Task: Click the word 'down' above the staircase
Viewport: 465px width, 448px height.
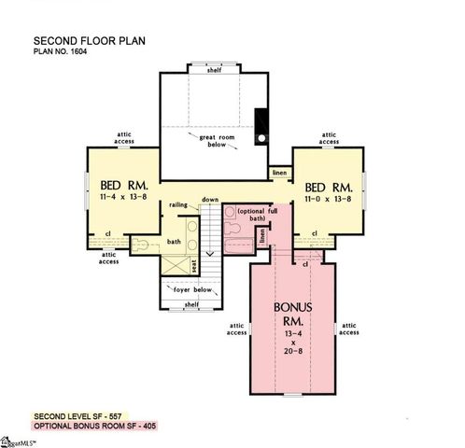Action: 210,200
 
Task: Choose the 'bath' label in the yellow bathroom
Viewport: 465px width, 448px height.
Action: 174,243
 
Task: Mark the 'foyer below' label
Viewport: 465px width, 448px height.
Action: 193,289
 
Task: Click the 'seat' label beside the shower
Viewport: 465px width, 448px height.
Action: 194,266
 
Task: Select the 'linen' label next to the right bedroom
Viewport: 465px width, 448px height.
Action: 278,174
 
